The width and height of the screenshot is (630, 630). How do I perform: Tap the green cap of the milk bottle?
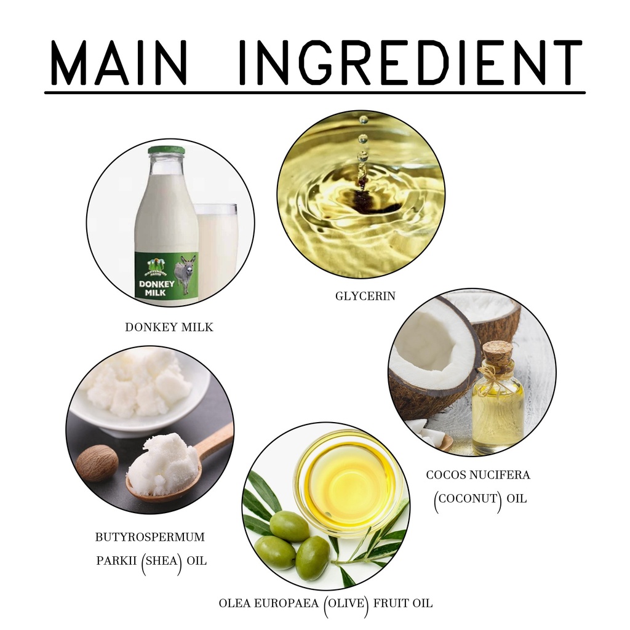tap(167, 150)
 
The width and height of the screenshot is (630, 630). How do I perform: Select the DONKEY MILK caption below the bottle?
tap(169, 327)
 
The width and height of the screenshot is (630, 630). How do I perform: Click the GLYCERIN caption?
tap(365, 296)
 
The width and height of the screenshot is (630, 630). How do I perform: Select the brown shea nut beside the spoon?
tap(97, 465)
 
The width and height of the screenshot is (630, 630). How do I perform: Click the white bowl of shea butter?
tap(141, 394)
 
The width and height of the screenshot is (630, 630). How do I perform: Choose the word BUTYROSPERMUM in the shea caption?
tap(150, 537)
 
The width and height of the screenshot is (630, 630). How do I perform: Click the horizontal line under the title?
tap(314, 93)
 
